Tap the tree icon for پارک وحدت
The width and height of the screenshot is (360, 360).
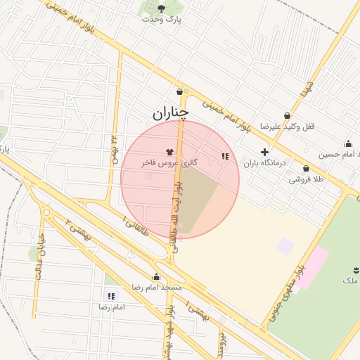click(x=162, y=8)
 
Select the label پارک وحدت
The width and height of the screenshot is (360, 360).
click(x=162, y=19)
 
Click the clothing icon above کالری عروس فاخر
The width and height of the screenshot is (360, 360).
click(x=169, y=151)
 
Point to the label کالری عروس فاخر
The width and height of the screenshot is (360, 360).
click(x=169, y=162)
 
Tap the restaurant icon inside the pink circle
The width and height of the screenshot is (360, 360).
click(x=224, y=157)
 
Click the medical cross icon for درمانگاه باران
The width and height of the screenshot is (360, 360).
click(x=264, y=152)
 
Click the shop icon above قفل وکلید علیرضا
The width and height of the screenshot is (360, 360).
click(x=287, y=116)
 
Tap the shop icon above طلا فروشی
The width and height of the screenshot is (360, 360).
click(x=307, y=169)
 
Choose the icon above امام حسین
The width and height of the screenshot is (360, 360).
click(x=349, y=143)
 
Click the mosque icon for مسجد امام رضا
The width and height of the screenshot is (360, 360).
click(x=156, y=277)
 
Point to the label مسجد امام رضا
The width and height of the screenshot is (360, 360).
click(x=157, y=288)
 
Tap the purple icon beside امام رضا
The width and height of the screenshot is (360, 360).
click(x=110, y=297)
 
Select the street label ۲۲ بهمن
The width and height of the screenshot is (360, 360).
click(x=113, y=148)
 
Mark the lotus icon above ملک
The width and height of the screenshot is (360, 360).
click(x=354, y=271)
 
